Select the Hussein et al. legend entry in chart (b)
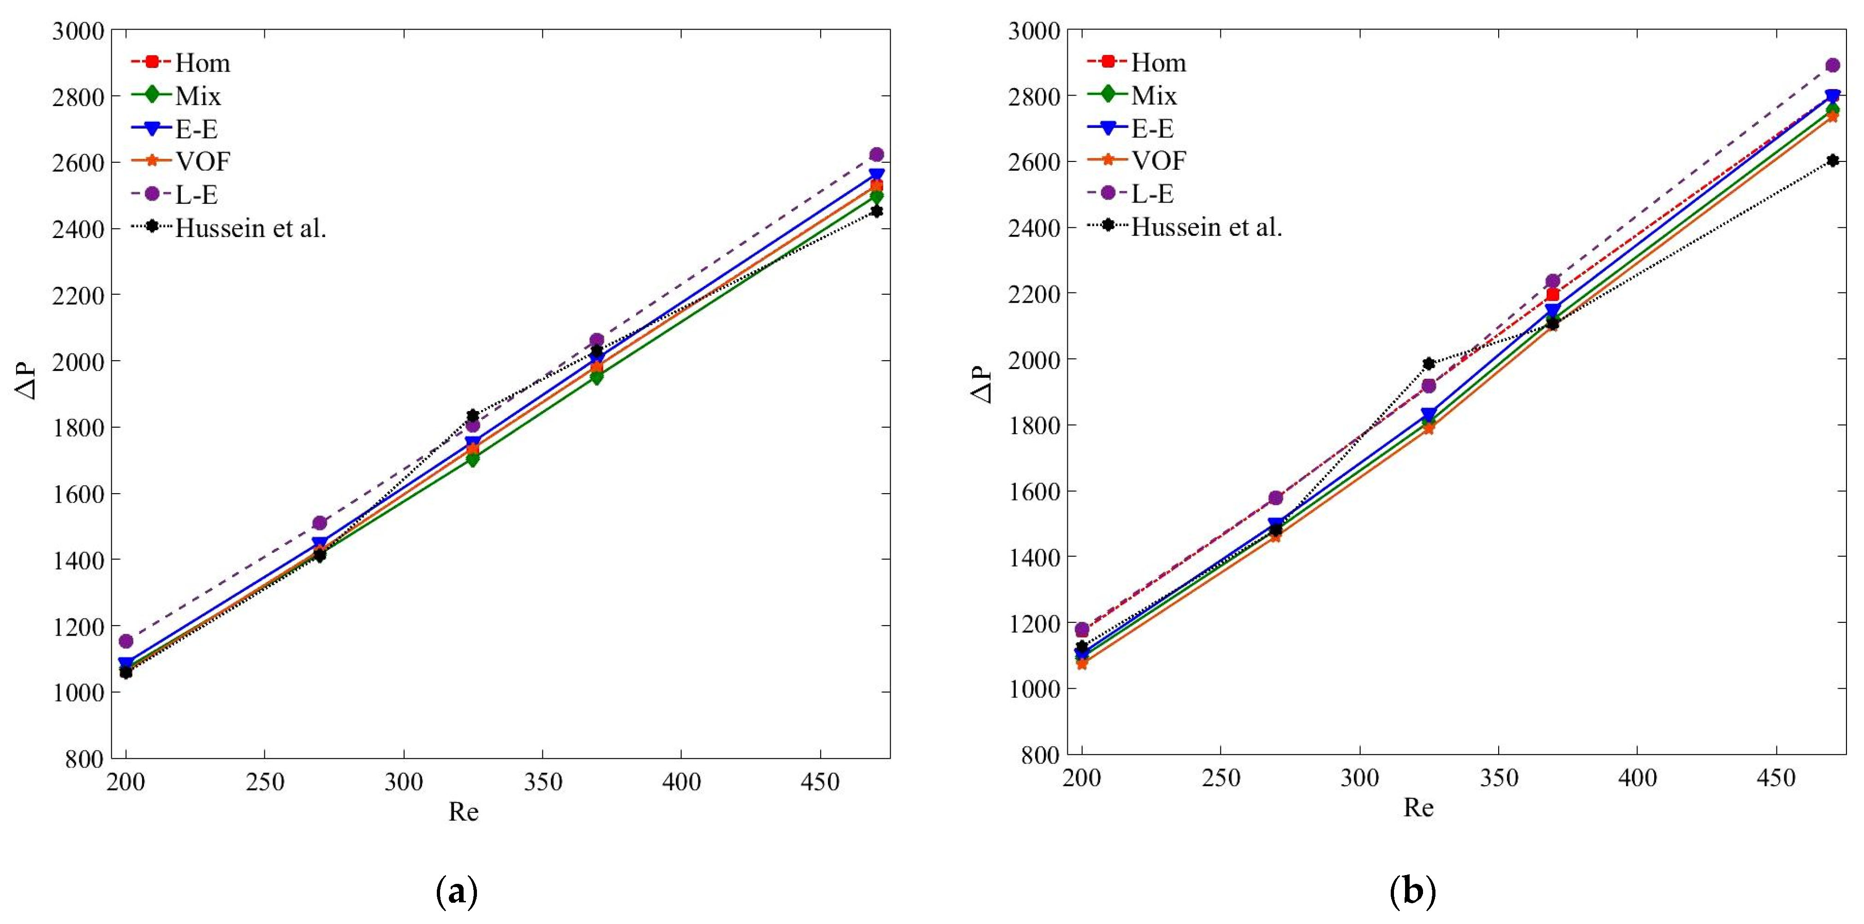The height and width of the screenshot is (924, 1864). tap(1206, 227)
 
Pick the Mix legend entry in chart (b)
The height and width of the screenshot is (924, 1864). tap(1154, 95)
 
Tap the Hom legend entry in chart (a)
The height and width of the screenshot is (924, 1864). tap(202, 63)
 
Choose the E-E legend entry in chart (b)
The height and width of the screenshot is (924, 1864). tap(1152, 128)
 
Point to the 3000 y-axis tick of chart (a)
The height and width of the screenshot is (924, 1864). tap(78, 31)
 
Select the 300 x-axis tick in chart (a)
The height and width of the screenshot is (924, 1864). tap(404, 782)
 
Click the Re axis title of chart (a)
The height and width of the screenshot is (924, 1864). tap(463, 812)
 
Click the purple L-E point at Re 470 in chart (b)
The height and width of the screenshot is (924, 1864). tap(1832, 65)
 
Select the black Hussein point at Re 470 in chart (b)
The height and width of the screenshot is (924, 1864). tap(1832, 161)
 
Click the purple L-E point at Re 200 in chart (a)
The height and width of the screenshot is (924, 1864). tap(126, 641)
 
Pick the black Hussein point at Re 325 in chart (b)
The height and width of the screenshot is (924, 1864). tap(1429, 363)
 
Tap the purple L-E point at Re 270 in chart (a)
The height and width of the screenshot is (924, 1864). tap(320, 522)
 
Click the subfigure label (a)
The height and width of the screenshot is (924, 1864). tap(457, 892)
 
